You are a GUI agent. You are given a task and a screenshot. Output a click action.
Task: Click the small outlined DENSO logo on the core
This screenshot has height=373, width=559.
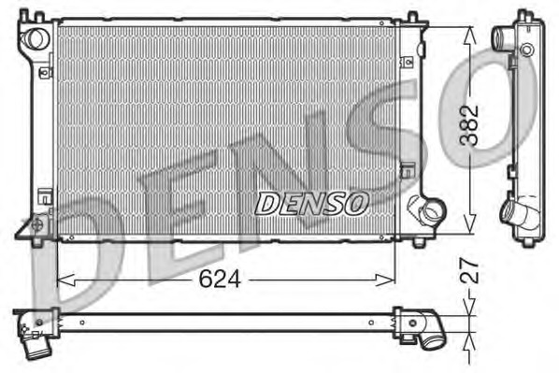(x=312, y=200)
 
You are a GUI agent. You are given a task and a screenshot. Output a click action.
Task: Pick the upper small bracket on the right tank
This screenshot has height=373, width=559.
(x=408, y=63)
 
